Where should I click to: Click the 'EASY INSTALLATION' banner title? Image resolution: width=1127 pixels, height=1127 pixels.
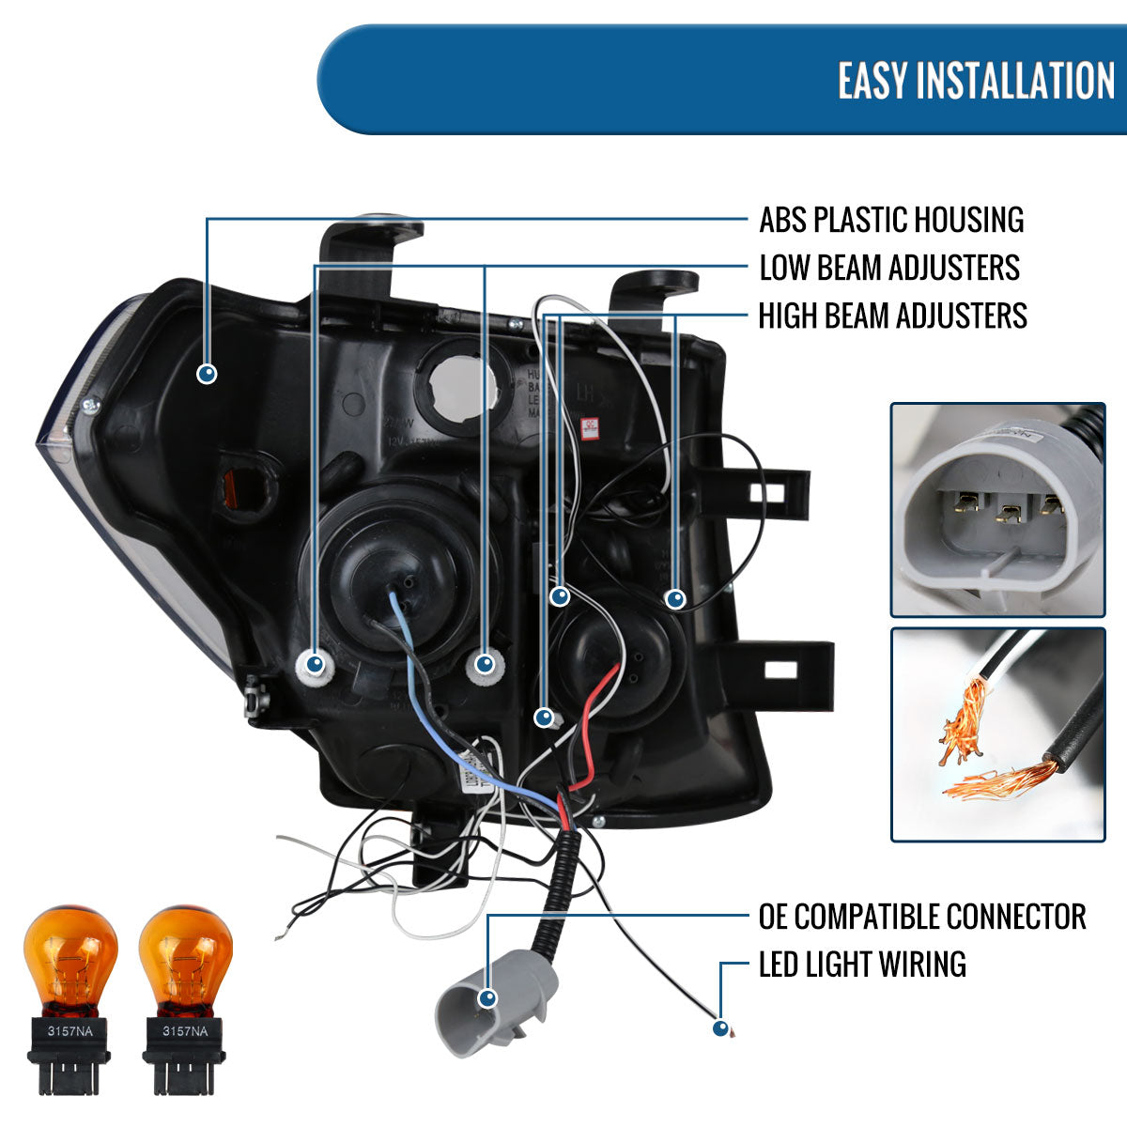976,81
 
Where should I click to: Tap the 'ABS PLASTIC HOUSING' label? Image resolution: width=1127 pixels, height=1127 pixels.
890,220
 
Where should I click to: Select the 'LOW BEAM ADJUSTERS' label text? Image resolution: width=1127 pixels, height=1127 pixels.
888,268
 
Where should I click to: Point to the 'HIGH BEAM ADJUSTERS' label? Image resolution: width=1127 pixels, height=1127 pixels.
892,316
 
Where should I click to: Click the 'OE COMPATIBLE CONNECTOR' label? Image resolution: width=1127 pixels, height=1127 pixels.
921,917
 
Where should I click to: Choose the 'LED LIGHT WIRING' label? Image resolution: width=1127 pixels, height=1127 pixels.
861,965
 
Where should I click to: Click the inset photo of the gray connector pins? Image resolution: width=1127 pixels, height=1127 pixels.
997,510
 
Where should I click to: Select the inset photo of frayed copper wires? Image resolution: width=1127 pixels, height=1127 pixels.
997,733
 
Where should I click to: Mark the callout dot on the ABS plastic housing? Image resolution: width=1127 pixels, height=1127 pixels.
208,374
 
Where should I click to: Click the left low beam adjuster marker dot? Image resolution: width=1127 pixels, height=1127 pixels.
315,665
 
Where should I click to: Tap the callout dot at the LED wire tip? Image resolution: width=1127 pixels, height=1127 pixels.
720,1028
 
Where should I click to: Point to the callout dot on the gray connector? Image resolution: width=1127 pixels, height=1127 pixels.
487,997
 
